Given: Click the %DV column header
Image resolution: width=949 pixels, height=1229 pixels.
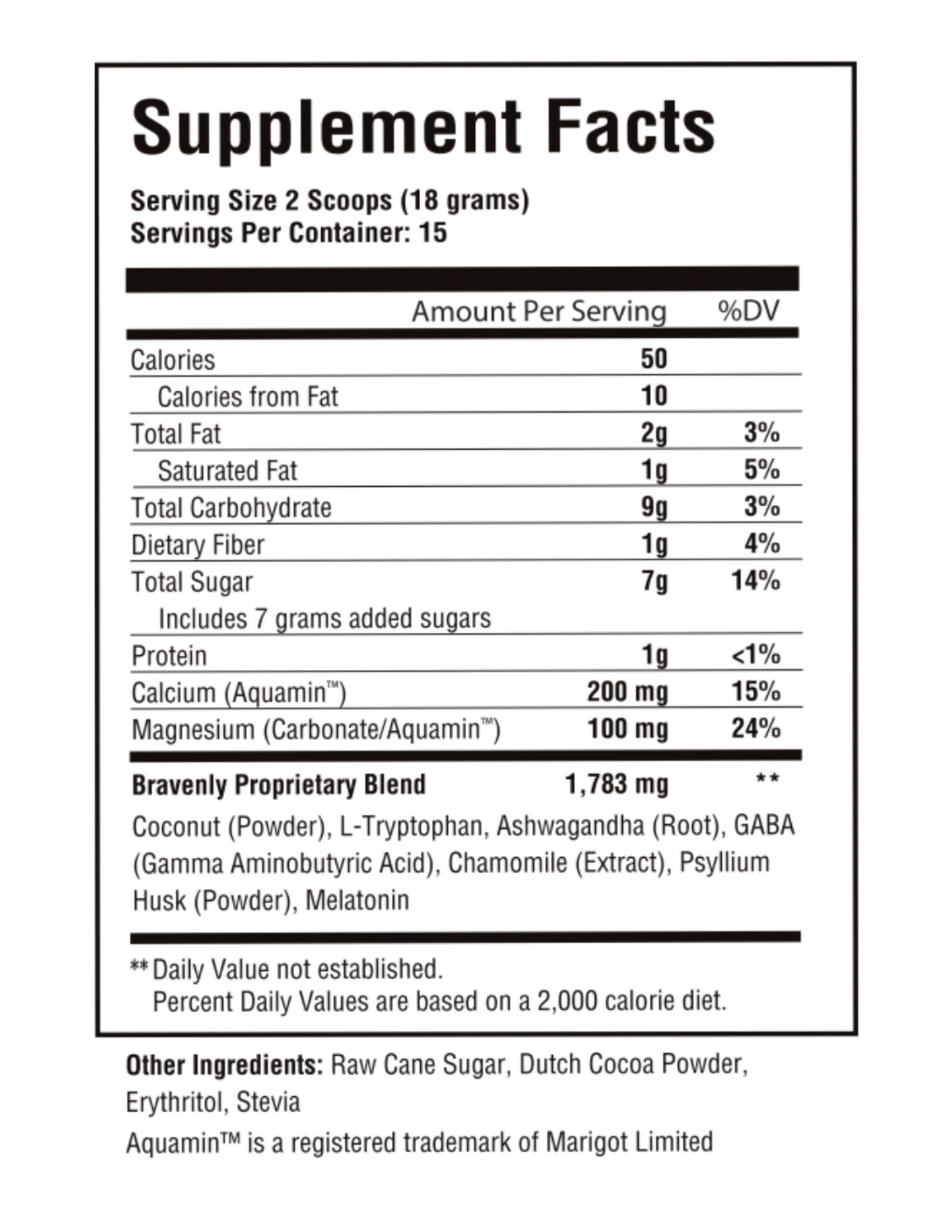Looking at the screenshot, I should coord(749,311).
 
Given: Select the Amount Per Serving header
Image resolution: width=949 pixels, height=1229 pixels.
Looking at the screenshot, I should coord(539,312).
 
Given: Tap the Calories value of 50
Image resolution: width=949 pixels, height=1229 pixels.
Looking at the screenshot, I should coord(654,359).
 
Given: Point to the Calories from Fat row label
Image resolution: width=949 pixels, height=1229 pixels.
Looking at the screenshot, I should coord(248,396).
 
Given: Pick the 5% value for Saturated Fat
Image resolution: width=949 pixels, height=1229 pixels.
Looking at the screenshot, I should coord(762,470).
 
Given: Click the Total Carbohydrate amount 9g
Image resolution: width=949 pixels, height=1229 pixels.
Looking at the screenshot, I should coord(654,508).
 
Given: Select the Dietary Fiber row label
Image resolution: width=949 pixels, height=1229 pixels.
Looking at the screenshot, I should coord(198,545).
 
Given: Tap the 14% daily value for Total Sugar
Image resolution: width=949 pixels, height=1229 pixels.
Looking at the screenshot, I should coord(756,581).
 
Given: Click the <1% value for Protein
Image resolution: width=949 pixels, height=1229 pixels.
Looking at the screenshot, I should coord(756,655).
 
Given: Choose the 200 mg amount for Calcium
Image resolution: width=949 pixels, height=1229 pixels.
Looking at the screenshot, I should coord(627,692).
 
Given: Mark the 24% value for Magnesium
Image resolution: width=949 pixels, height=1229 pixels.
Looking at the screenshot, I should coord(756,729).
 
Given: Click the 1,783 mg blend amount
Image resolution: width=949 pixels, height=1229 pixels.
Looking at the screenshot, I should coord(616,785).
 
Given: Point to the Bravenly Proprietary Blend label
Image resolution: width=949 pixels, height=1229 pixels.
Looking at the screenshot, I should coord(279,785).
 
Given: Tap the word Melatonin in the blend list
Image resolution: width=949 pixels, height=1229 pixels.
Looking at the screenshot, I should coord(357,900).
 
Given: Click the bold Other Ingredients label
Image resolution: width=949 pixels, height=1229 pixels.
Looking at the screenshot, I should coord(224,1065).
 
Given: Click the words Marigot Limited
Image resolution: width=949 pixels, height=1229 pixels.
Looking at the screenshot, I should coord(629,1142).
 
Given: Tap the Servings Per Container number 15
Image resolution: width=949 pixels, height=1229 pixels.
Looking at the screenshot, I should coord(432,234).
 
